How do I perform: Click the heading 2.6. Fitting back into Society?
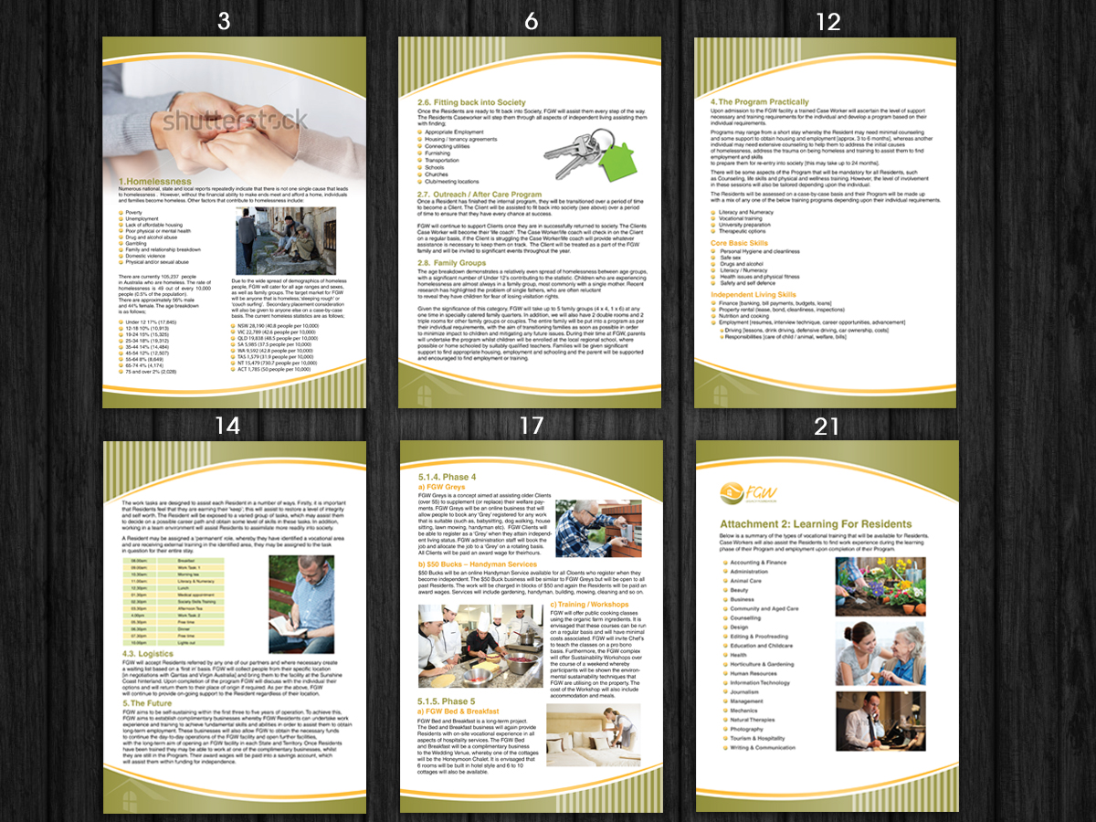(x=471, y=102)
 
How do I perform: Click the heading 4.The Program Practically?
(x=760, y=102)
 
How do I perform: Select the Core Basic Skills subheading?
(x=739, y=244)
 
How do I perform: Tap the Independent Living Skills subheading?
(x=753, y=295)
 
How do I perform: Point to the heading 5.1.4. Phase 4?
(x=448, y=478)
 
